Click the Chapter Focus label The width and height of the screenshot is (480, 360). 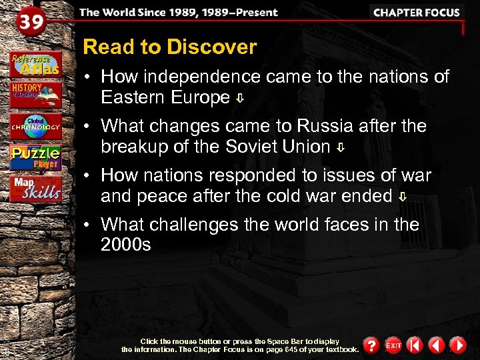(416, 12)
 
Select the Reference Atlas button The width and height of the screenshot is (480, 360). (35, 63)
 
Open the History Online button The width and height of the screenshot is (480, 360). (35, 94)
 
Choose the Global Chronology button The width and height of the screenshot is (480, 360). (35, 126)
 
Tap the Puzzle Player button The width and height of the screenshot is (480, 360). (35, 158)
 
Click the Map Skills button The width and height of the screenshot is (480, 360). (35, 189)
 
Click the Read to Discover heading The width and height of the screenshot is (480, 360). (169, 47)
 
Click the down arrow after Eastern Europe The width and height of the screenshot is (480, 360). (240, 99)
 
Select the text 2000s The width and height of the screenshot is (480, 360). (126, 245)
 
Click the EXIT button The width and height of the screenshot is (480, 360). (393, 345)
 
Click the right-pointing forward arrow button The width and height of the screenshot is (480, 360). (457, 345)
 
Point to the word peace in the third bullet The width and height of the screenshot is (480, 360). (158, 196)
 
